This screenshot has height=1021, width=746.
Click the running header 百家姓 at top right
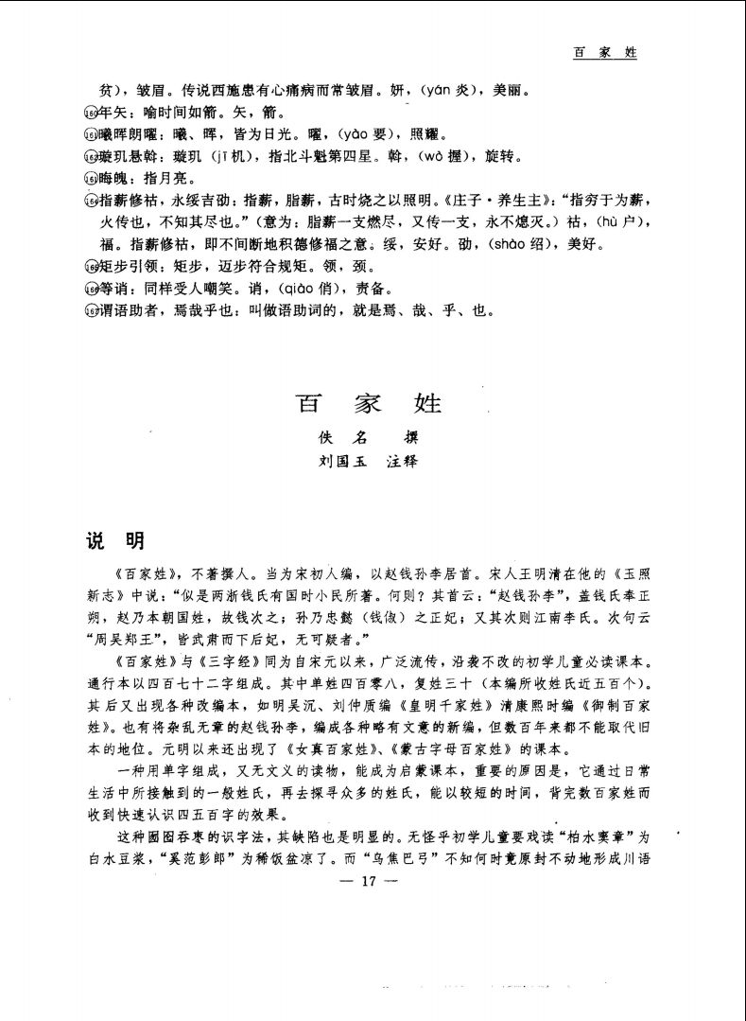click(604, 53)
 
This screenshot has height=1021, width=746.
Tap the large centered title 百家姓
click(371, 404)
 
